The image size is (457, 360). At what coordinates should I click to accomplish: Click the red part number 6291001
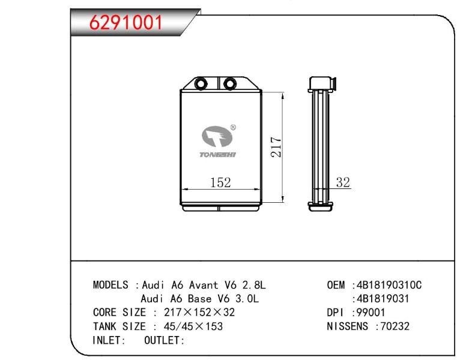(126, 22)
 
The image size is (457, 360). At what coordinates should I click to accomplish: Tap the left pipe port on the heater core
(201, 83)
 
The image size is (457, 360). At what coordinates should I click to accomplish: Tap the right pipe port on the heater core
(229, 83)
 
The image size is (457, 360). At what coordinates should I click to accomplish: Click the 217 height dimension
(276, 147)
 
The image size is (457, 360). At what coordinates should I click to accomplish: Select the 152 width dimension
(220, 182)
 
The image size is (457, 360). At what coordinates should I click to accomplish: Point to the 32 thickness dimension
(343, 182)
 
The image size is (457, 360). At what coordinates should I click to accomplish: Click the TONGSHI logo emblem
(217, 136)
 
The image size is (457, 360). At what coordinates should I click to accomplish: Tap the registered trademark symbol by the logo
(233, 128)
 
